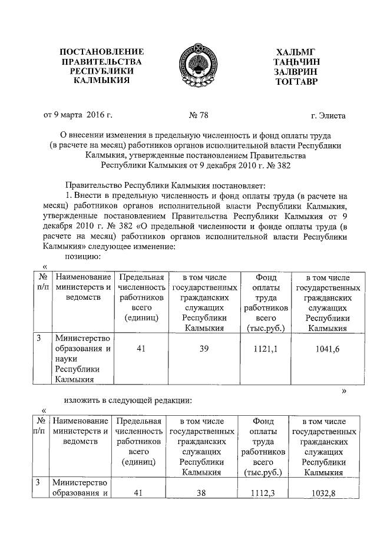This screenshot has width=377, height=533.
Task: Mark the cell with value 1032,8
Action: click(x=324, y=493)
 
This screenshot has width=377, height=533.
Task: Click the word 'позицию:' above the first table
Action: click(x=82, y=256)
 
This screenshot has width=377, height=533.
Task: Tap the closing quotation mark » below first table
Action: click(x=344, y=391)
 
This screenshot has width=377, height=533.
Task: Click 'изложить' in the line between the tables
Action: click(x=82, y=400)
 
